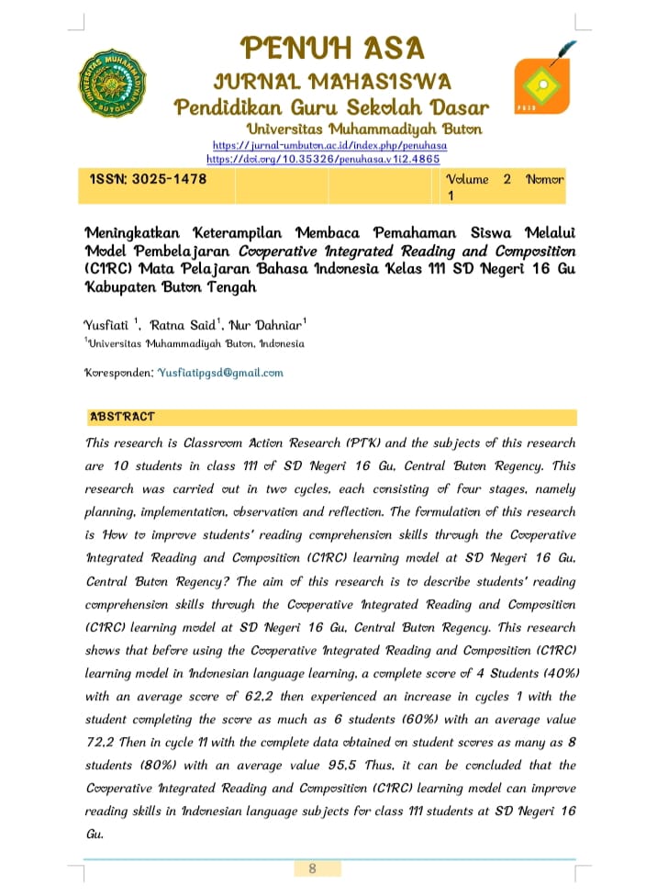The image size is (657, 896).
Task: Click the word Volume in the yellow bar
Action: tap(467, 179)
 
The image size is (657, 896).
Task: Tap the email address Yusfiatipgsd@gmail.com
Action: tap(220, 373)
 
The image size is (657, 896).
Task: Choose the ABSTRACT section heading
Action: tap(122, 417)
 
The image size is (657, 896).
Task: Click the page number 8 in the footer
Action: tap(312, 868)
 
